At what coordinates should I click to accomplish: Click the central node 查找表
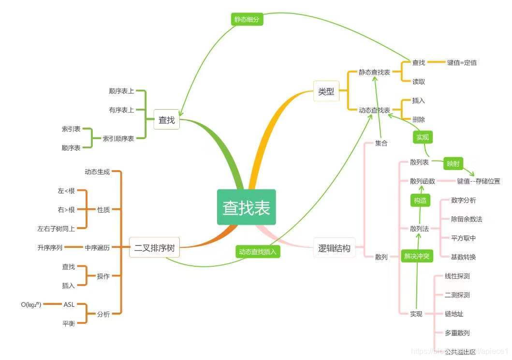point(246,207)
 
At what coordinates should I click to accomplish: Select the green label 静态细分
point(247,19)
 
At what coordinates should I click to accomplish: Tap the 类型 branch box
point(326,91)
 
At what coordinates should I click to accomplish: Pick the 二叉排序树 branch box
point(154,249)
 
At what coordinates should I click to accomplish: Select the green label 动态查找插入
point(258,252)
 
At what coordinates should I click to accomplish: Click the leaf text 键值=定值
point(462,62)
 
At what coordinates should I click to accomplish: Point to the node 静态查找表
point(374,72)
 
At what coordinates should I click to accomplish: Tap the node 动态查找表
point(374,110)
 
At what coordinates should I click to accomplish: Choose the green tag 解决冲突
point(417,257)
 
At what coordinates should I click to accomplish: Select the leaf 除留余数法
point(466,219)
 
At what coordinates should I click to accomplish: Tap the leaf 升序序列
point(50,247)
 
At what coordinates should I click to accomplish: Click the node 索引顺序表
point(118,138)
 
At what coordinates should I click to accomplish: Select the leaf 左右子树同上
point(56,229)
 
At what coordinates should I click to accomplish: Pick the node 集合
point(381,144)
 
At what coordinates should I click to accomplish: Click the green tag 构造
point(420,201)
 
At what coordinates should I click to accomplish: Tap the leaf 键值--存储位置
point(478,181)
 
